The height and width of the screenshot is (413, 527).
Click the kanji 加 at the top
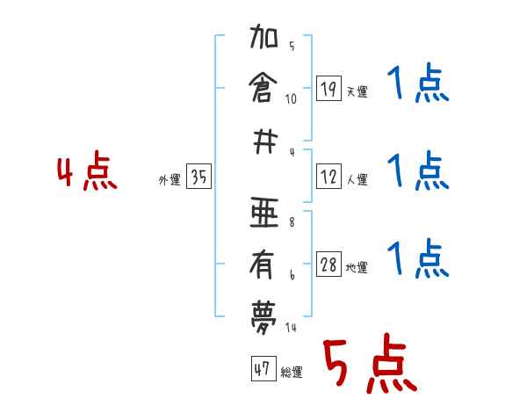click(263, 40)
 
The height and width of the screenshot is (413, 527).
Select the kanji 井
click(263, 140)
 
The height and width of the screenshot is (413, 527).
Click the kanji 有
click(263, 262)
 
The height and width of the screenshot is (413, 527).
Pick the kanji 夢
click(263, 311)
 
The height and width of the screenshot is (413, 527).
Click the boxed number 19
click(328, 88)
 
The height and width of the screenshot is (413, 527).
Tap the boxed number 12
click(328, 177)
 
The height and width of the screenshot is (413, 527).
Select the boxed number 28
click(328, 265)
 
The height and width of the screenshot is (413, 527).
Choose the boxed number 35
click(199, 178)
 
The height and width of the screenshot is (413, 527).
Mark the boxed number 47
click(261, 369)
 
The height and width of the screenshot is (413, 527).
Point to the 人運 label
click(357, 180)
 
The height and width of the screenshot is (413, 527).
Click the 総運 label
click(291, 373)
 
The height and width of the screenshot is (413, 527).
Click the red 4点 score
click(87, 173)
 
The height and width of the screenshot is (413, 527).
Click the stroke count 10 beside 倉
click(291, 99)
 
